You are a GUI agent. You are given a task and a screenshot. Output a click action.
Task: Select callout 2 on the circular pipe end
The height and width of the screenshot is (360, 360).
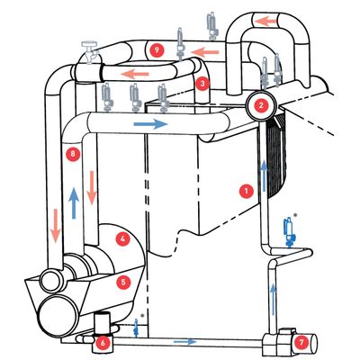coord(261,104)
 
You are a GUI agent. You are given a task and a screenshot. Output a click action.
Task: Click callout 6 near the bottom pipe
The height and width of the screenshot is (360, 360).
coord(103,342)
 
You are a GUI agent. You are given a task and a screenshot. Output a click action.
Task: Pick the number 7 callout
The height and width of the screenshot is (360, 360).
coord(302,342)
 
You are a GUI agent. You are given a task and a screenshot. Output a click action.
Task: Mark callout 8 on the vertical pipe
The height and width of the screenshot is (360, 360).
coord(73,155)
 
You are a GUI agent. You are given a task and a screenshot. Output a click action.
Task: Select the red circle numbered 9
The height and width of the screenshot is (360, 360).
coord(158,48)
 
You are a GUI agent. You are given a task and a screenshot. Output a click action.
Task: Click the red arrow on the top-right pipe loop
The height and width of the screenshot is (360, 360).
coord(267,20)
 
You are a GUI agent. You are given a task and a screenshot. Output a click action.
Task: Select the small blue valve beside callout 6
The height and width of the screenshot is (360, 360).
coord(134,327)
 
